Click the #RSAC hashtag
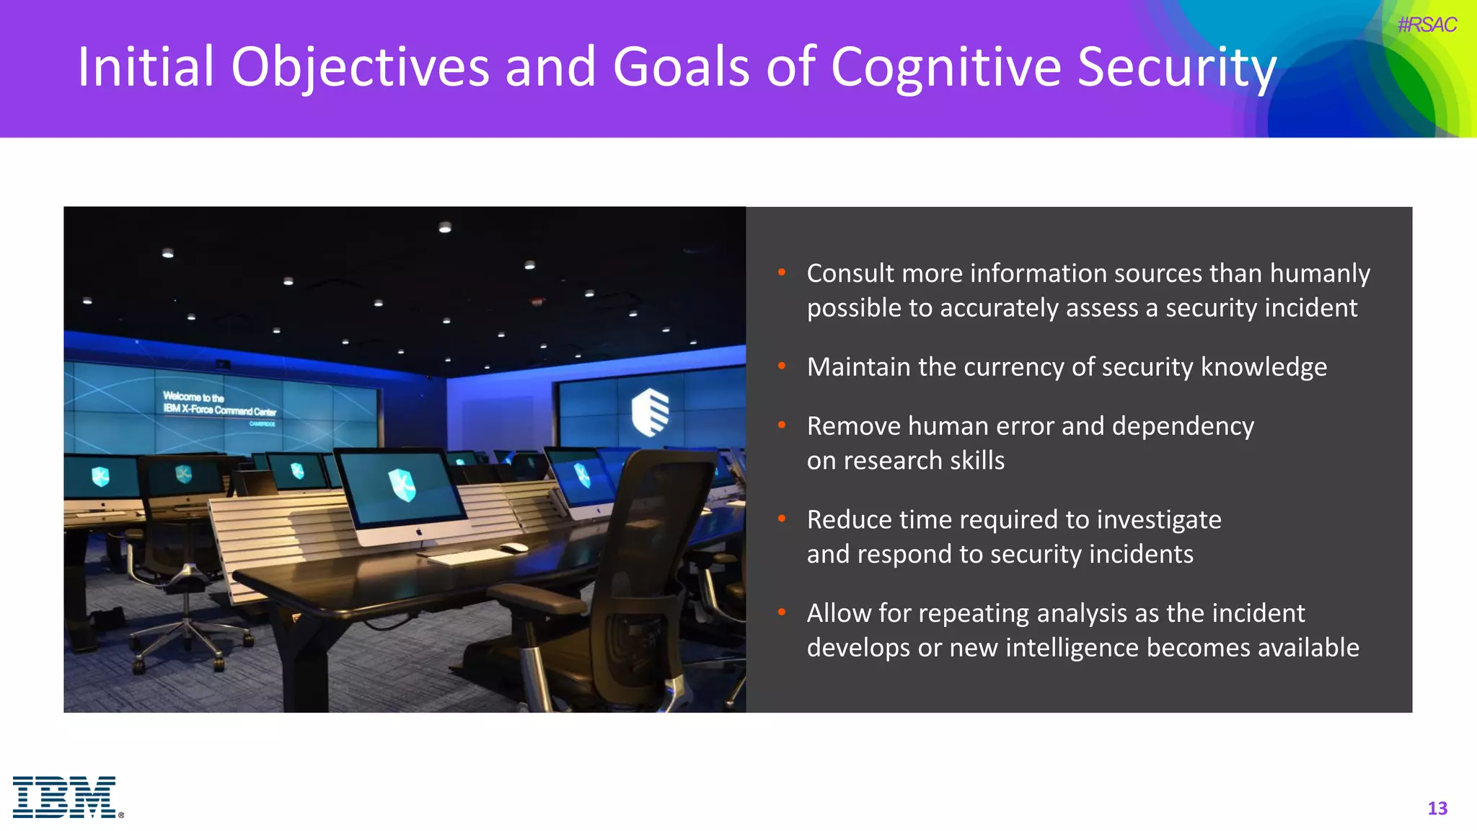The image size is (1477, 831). (x=1427, y=25)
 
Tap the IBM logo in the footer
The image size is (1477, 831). (x=66, y=797)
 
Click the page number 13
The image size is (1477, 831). (x=1437, y=809)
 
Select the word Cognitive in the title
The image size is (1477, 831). (x=945, y=67)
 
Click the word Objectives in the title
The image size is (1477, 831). (x=360, y=67)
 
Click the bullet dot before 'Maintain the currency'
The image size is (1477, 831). (x=782, y=366)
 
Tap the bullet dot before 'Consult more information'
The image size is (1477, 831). (x=782, y=273)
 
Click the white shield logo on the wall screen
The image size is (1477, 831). (x=650, y=413)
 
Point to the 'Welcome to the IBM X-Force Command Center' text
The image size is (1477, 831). (x=219, y=405)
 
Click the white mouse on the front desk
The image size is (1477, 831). (x=513, y=548)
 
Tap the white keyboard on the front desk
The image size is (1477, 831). (x=470, y=556)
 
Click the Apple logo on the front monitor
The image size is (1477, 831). (x=419, y=532)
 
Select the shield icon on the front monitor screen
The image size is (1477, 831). (x=402, y=485)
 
